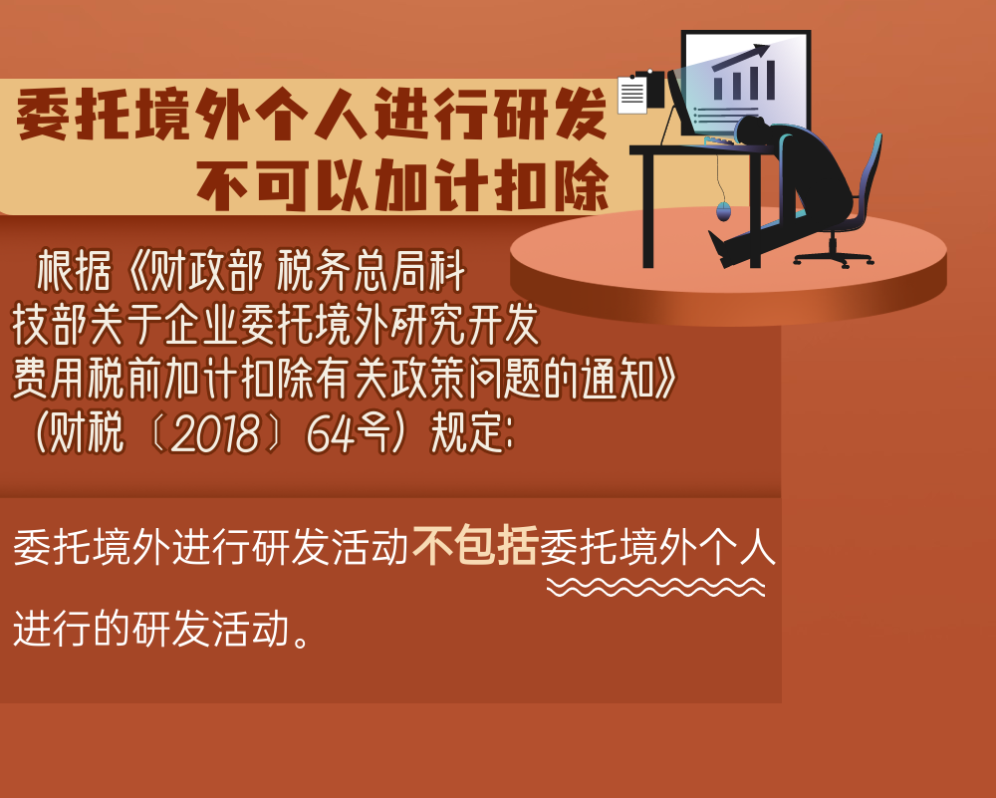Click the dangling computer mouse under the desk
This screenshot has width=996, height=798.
pos(723,211)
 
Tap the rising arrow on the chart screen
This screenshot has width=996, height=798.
pos(740,57)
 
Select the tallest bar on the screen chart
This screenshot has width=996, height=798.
pos(771,80)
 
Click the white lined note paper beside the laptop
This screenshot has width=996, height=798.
pos(632,95)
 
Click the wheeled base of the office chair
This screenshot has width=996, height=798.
pos(834,257)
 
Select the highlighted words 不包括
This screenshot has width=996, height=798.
pos(475,546)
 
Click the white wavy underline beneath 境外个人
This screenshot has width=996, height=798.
pos(655,587)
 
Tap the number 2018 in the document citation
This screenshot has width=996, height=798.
pos(215,435)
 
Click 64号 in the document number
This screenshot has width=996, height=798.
pos(347,435)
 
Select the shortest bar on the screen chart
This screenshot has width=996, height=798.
pos(718,89)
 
